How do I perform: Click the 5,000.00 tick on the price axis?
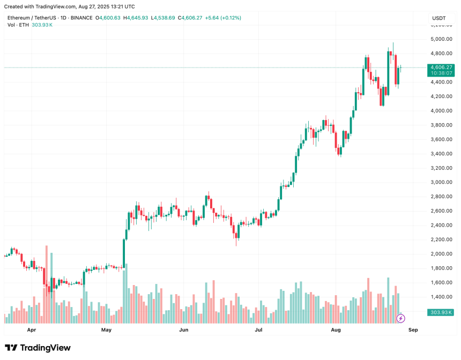click(x=441, y=39)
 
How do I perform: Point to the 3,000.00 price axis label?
click(x=441, y=182)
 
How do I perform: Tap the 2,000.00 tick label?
click(x=441, y=253)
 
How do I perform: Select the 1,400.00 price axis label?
click(x=441, y=297)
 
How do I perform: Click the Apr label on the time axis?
click(x=32, y=331)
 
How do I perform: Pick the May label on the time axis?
click(x=106, y=331)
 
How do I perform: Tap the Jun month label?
click(x=183, y=331)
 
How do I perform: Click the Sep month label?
click(x=412, y=331)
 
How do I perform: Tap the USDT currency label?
click(x=439, y=18)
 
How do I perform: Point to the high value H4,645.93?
click(x=137, y=18)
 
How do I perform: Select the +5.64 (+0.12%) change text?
click(x=220, y=18)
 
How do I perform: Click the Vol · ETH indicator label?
click(x=18, y=25)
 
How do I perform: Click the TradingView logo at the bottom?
click(x=38, y=348)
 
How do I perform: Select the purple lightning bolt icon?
click(x=400, y=318)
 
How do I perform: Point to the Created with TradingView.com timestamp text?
click(x=70, y=6)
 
